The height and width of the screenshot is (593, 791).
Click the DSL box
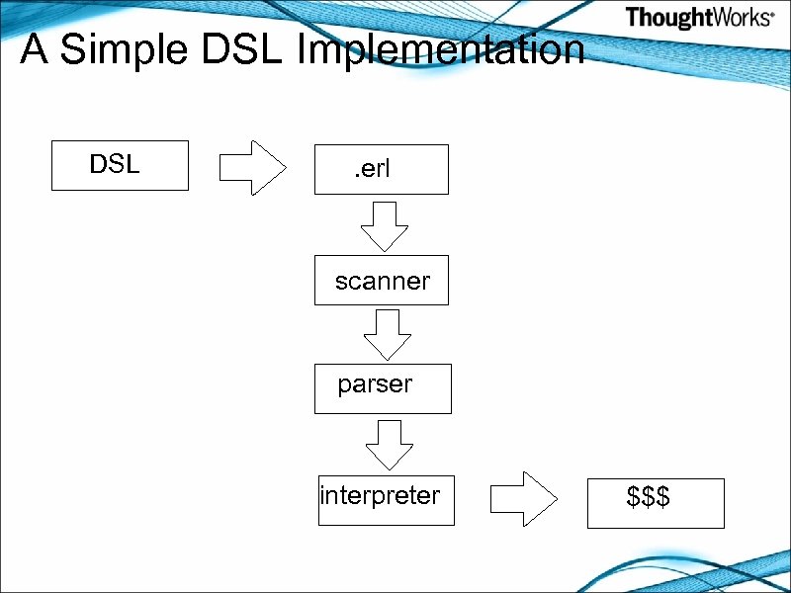120,165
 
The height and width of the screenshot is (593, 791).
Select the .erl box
381,169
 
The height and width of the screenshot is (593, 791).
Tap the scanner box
381,281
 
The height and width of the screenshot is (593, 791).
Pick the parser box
382,388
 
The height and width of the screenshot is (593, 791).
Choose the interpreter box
386,500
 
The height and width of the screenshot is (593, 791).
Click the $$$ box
656,503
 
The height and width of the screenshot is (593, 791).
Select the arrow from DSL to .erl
251,166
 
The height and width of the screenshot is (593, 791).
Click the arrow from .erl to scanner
384,226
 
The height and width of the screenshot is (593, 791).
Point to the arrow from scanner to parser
387,334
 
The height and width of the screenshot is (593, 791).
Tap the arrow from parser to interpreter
389,444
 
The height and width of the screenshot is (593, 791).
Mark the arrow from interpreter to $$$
524,499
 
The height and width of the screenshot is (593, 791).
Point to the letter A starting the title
35,49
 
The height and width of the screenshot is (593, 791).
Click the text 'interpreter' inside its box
380,494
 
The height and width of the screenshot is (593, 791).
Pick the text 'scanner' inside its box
383,281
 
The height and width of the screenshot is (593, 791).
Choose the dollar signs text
649,497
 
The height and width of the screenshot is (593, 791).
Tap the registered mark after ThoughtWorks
771,17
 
